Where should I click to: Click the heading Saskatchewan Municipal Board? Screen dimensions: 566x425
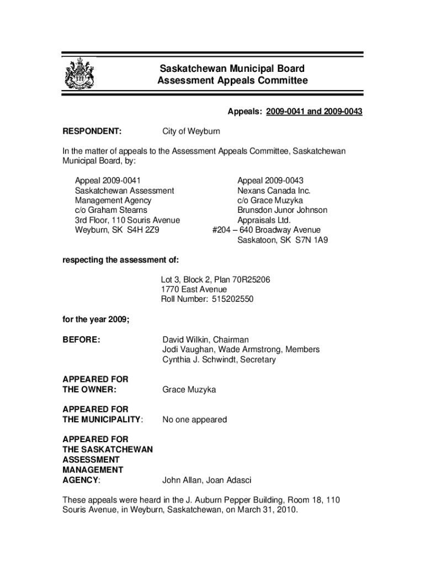coord(232,69)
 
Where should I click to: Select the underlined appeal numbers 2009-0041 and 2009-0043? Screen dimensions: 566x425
coord(314,112)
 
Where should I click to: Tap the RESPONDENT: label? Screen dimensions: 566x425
coord(92,132)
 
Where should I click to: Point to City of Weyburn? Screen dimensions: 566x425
coord(191,132)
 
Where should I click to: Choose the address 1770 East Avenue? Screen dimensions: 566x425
coord(194,289)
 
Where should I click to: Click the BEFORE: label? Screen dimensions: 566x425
coord(81,339)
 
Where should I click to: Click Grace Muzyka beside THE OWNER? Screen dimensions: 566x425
coord(189,390)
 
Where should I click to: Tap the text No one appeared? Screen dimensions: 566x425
coord(194,420)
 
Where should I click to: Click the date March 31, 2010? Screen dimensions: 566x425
coord(264,510)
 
